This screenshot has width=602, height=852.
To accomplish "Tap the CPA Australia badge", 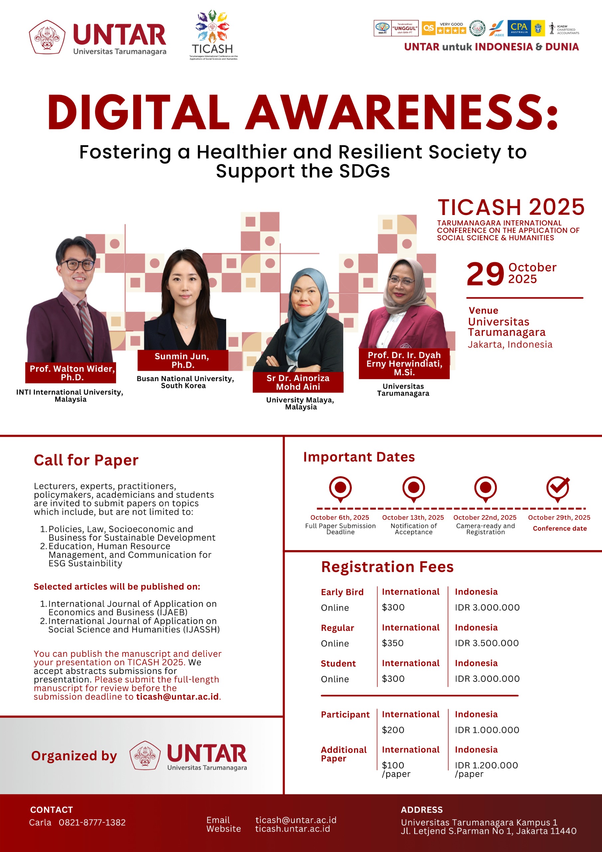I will pos(519,28).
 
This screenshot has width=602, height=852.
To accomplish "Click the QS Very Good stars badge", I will pos(444,28).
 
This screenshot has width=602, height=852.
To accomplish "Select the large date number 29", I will pos(485,274).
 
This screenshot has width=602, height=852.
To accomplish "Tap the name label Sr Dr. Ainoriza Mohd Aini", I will pos(298,382).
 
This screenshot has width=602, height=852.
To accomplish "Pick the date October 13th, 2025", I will pos(413,517).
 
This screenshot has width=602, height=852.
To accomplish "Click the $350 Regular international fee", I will pos(392,643).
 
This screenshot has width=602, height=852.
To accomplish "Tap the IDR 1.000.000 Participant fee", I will pos(487,730).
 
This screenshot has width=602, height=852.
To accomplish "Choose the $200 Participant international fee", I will pos(393,730).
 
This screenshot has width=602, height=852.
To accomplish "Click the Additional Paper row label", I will pos(343,754).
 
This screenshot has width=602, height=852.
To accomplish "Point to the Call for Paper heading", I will pos(86,460).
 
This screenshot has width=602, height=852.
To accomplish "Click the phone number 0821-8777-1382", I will pos(92,822).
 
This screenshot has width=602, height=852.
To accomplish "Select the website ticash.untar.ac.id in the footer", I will pos(292,829).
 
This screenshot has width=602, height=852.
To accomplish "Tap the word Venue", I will pos(483,311).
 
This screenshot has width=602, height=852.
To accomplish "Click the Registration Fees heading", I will pos(387,567).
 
